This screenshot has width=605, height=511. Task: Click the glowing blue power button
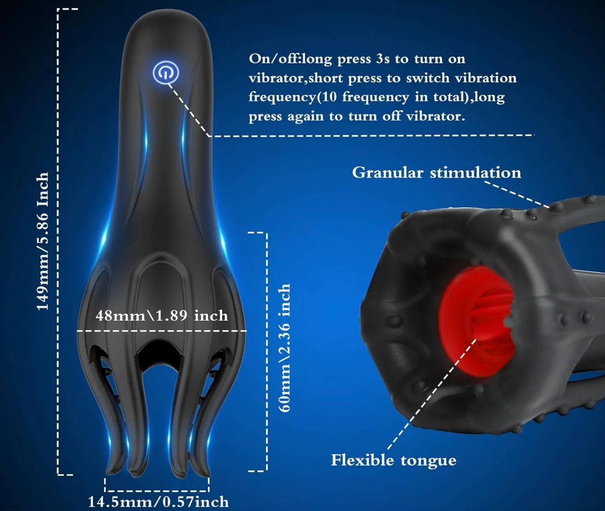pos(166,73)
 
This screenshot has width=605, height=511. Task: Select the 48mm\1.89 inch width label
pos(162,316)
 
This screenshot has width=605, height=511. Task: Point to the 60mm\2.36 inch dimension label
pos(285,348)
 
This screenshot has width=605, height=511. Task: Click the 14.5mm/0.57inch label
pos(158,502)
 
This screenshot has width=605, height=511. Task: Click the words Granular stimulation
pos(437,172)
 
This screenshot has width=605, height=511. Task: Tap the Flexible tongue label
pos(394,460)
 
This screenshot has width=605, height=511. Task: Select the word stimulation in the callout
pos(476,172)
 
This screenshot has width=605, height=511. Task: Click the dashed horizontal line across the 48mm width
pos(162,331)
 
